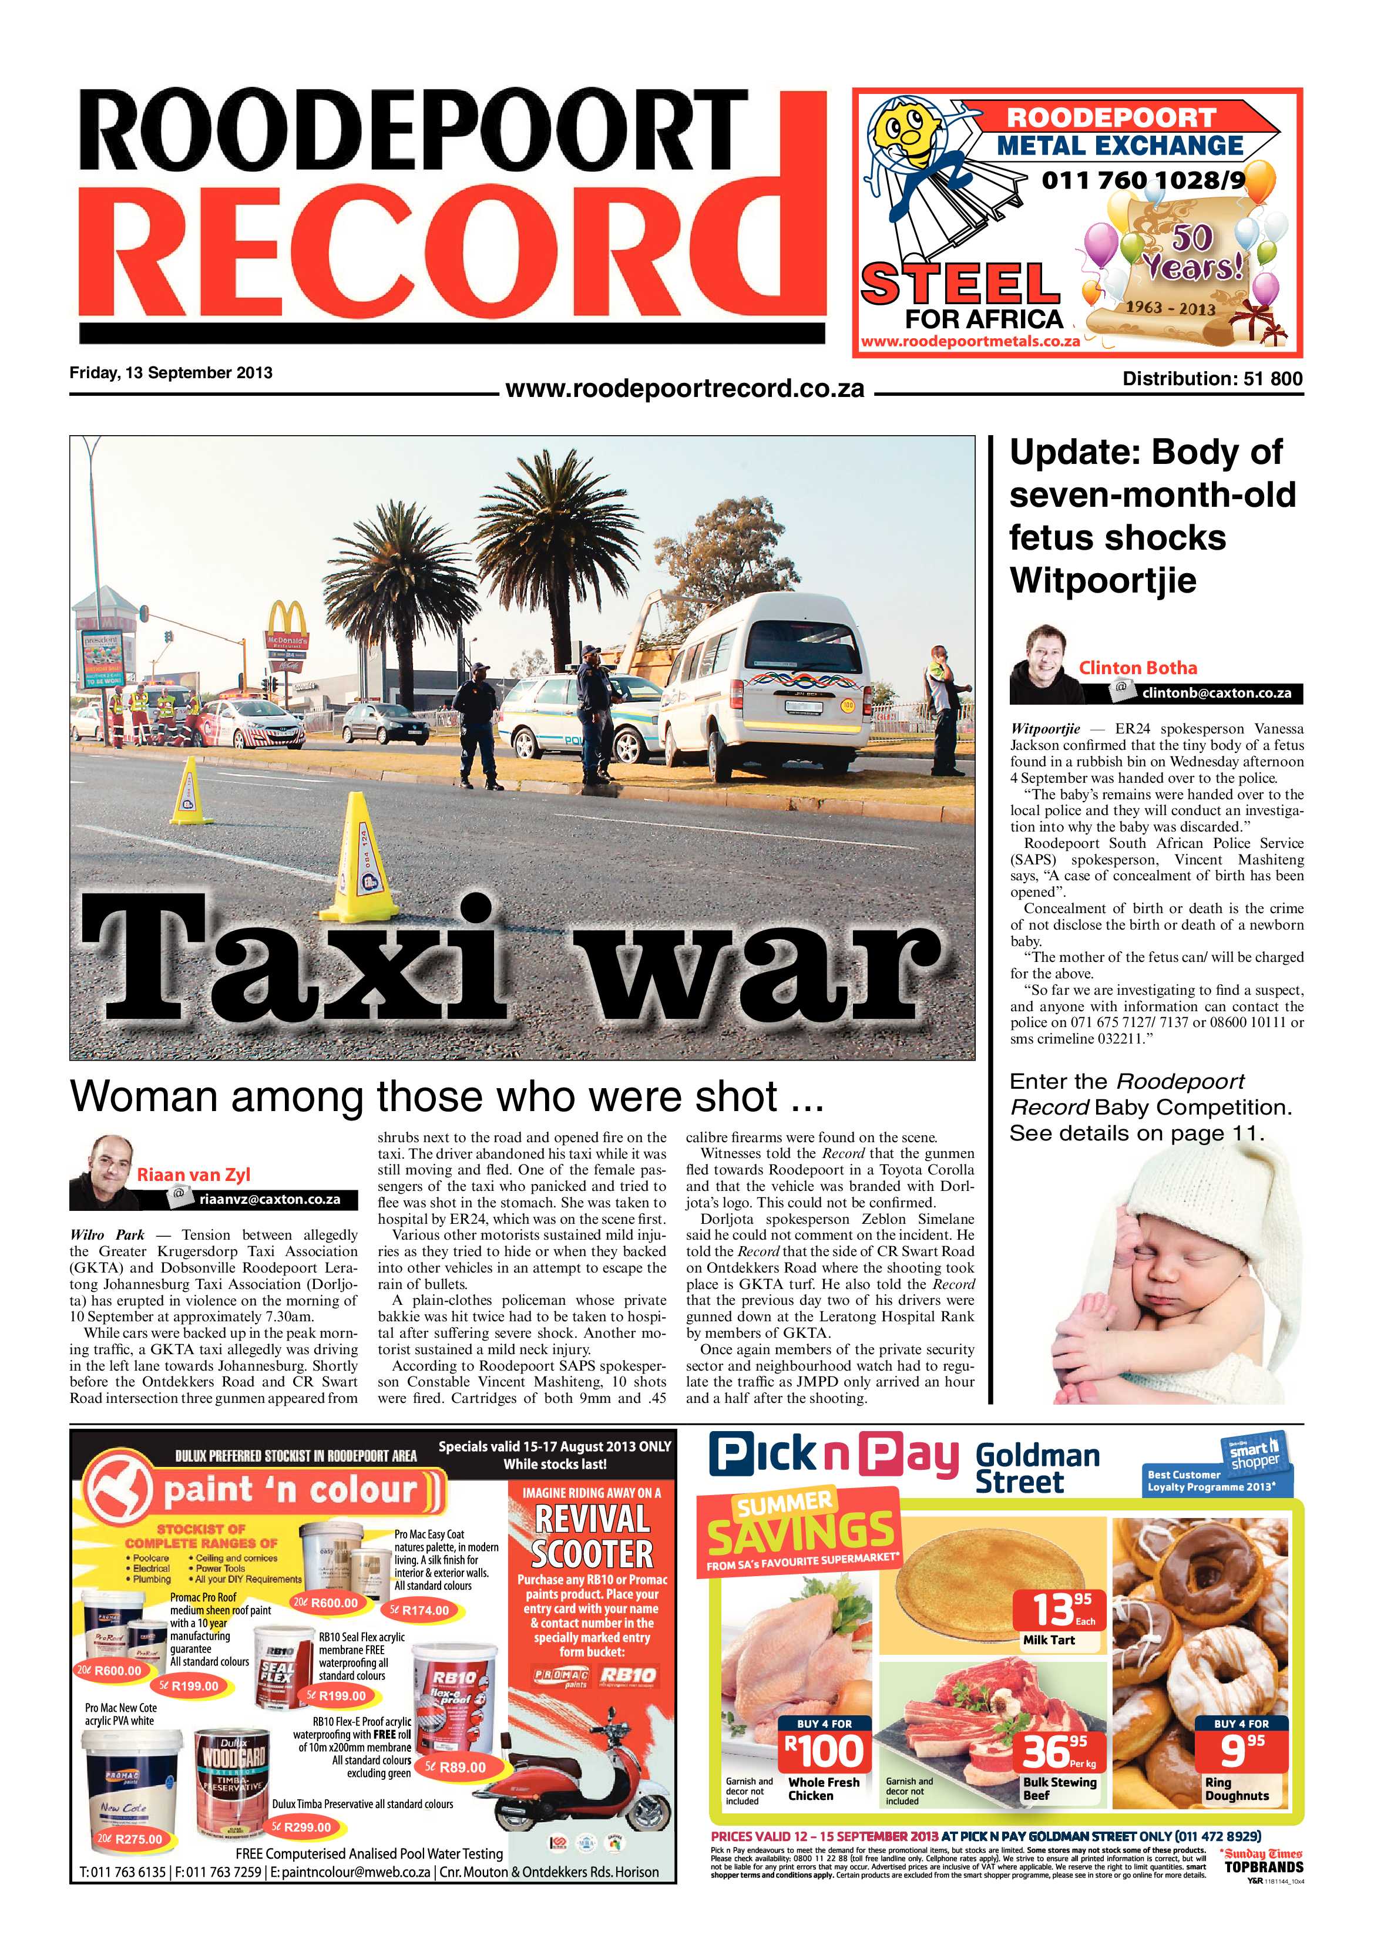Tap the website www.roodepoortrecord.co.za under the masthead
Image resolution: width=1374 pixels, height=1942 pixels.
[684, 389]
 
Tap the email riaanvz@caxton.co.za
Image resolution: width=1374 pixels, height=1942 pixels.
[269, 1199]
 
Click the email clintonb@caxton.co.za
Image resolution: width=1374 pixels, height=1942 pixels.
[1216, 693]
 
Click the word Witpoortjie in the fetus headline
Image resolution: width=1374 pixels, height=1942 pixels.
[1103, 580]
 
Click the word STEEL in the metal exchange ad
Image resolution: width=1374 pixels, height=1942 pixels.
[960, 284]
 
